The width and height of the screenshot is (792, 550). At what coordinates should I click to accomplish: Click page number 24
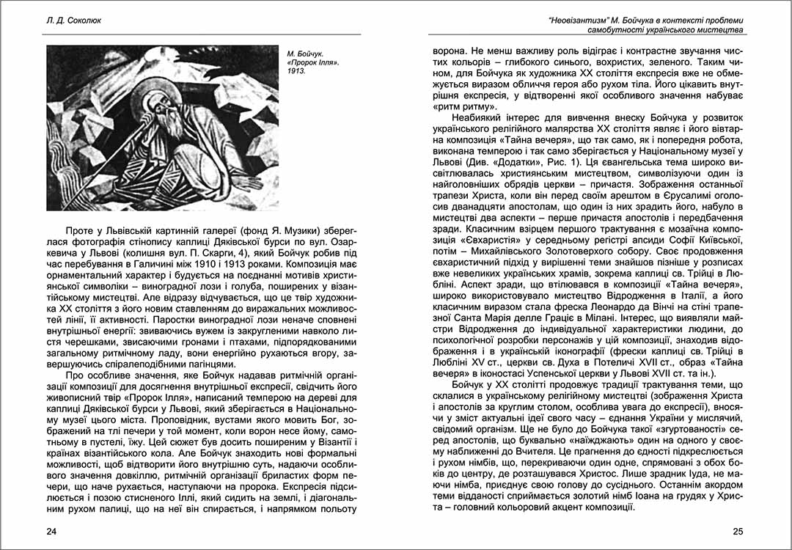[x=51, y=532]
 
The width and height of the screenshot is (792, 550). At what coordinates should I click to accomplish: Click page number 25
[x=738, y=532]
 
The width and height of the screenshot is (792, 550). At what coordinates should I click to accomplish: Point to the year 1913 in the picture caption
[x=296, y=73]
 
